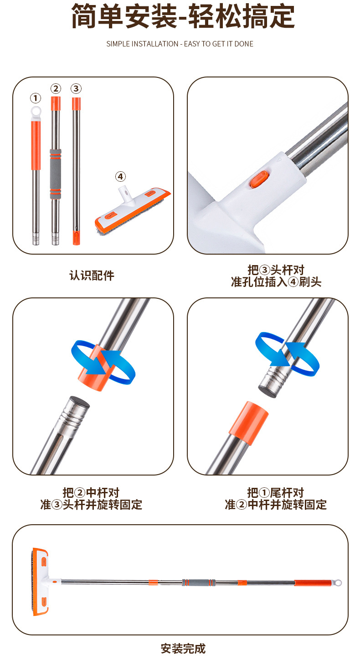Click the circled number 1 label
point(36,98)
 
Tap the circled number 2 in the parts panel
point(56,88)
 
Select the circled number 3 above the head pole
point(76,88)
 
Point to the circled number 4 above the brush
point(120,176)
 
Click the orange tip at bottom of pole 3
point(76,238)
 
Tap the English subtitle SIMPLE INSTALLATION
point(180,44)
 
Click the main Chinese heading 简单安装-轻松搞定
point(182,17)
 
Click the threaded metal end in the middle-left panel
point(75,412)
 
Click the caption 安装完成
point(183,649)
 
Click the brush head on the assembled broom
point(41,582)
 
